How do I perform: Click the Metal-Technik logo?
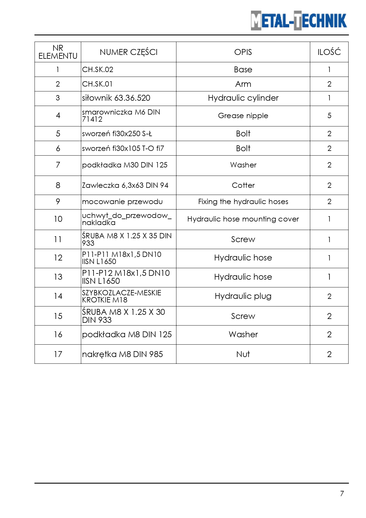(x=299, y=20)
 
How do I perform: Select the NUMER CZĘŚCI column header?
(x=129, y=52)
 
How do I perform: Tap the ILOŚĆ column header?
(x=329, y=52)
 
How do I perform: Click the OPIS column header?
(x=243, y=52)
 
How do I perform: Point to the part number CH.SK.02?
(x=98, y=70)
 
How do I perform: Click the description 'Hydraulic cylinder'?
(x=243, y=98)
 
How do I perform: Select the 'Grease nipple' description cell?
(x=243, y=116)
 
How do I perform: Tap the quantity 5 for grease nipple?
(x=329, y=116)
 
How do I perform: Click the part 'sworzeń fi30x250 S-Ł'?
(x=117, y=134)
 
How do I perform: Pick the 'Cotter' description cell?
(x=243, y=185)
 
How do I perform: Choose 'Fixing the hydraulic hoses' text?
(x=243, y=202)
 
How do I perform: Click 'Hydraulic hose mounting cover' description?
(x=243, y=219)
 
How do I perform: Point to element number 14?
(x=58, y=296)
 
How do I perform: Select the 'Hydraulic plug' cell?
(x=243, y=296)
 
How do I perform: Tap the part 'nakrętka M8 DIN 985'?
(x=122, y=354)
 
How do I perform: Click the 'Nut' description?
(x=243, y=354)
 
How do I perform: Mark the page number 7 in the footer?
(x=342, y=493)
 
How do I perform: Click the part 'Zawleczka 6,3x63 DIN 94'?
(x=125, y=185)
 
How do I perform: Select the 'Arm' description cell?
(x=243, y=84)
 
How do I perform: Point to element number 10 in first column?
(x=58, y=219)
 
